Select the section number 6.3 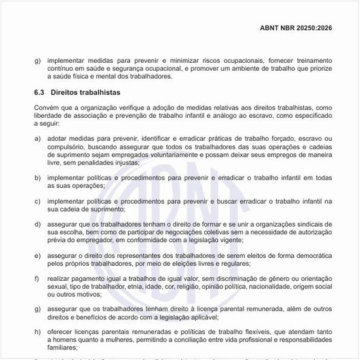tap(40, 93)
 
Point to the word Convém tap(47, 108)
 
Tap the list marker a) tap(37, 139)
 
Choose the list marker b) tap(37, 177)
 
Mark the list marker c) tap(37, 201)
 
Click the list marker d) tap(37, 225)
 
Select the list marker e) tap(37, 255)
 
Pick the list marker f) tap(37, 279)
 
